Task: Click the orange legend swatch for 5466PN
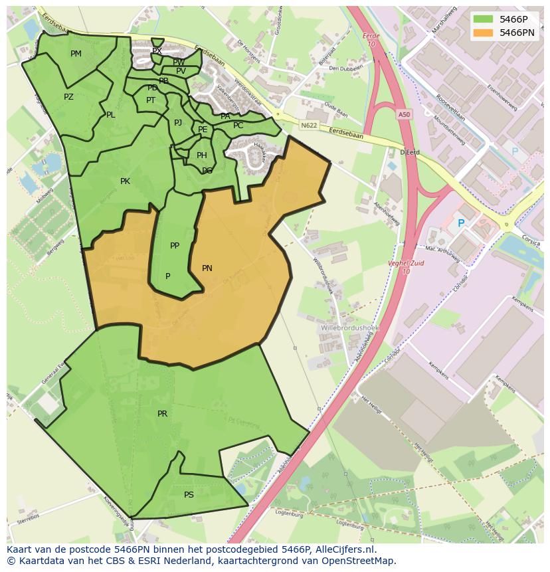coord(484,32)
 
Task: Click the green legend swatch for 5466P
coord(484,19)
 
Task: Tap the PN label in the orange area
coord(207,268)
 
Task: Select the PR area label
coord(162,414)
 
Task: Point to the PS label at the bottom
coord(189,495)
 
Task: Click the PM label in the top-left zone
coord(76,54)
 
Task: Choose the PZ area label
coord(68,97)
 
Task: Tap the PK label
coord(125,181)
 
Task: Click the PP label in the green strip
coord(175,246)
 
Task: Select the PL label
coord(110,115)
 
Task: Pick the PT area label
coord(151,100)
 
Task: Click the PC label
coord(238,126)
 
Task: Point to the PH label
coord(202,155)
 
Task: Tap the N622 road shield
coord(308,125)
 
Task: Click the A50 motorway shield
coord(404,115)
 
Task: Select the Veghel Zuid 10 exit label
coord(407,266)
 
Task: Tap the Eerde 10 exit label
coord(371,40)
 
